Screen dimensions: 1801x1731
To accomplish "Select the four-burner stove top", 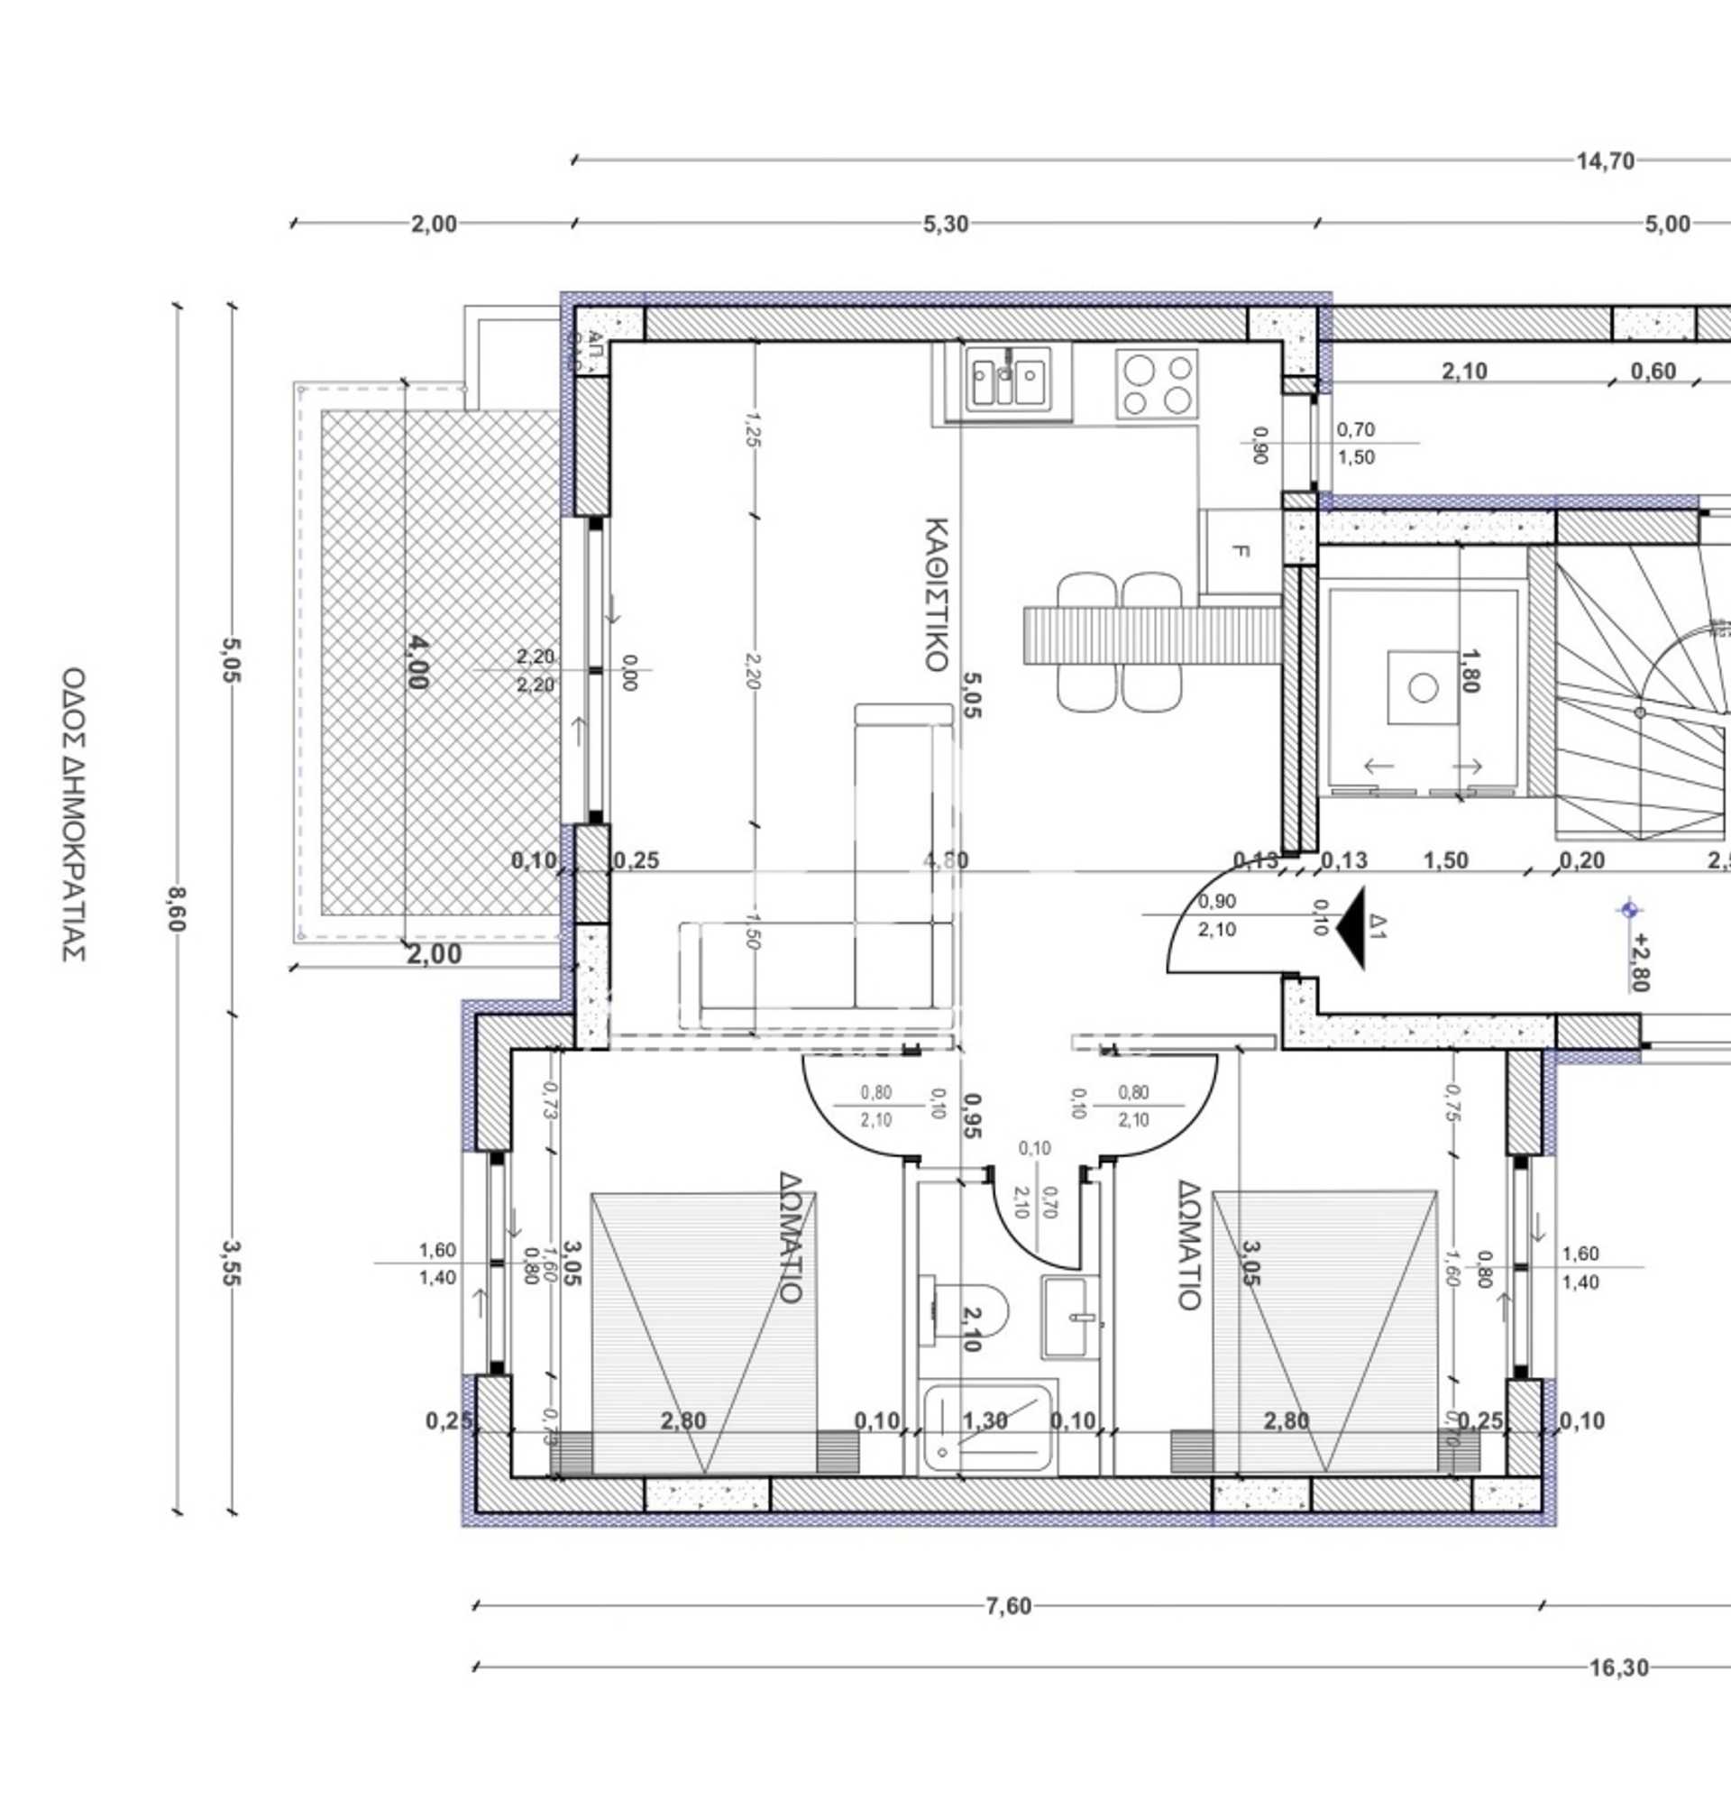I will pos(1156,383).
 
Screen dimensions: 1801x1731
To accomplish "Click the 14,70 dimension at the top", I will pos(1604,161).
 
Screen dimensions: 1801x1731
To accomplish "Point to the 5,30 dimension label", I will pos(946,225).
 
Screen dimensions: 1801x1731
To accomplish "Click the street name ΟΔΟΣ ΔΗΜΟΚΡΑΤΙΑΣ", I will pos(74,813).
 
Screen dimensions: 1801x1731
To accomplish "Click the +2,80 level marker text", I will pos(1640,962).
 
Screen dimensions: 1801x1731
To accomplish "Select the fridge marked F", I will pos(1240,551).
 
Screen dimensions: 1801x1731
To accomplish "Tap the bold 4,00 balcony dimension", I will pos(416,662).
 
